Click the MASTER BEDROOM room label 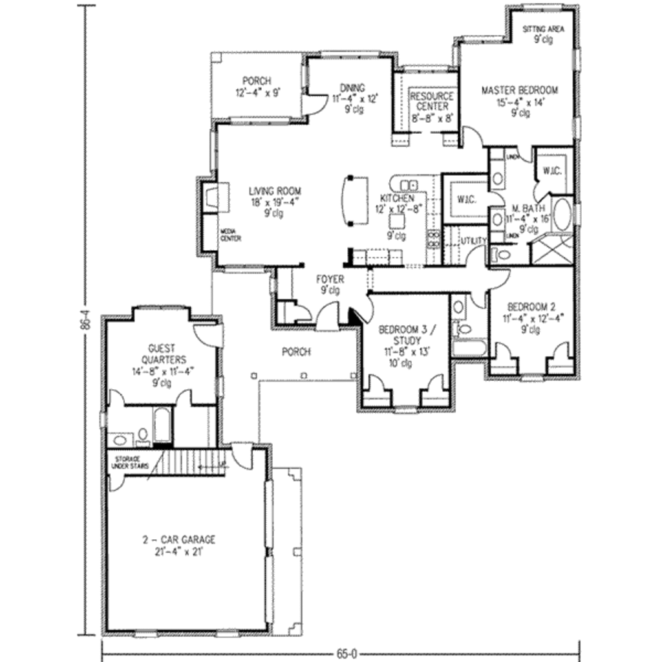pos(519,91)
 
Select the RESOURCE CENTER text pos(432,101)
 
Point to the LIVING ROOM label pos(275,191)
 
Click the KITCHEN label pos(397,198)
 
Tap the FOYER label pos(330,279)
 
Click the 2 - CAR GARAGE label pos(179,539)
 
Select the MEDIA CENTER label pos(231,235)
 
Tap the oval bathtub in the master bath pos(562,215)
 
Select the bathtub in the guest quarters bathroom pos(162,425)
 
